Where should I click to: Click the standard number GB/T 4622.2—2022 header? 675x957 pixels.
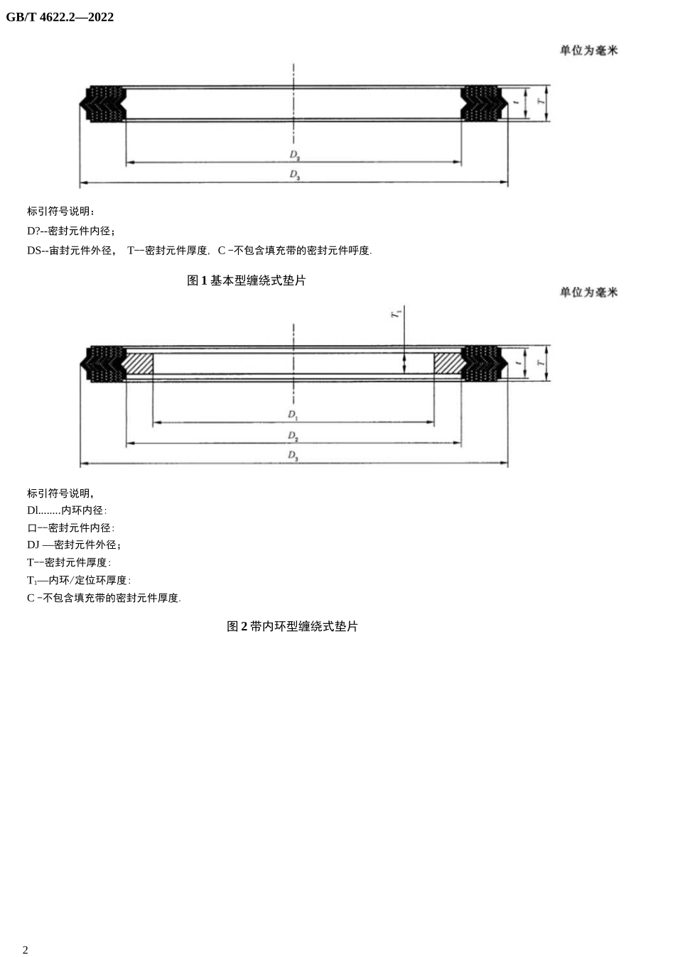click(60, 17)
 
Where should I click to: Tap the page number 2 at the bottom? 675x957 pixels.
click(26, 950)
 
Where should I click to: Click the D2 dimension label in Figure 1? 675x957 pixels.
click(294, 155)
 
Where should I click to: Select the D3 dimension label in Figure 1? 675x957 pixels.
click(294, 175)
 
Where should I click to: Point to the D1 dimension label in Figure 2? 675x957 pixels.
click(293, 415)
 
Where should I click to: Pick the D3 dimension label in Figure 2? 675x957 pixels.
click(293, 456)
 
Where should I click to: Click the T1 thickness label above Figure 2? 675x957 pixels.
click(396, 312)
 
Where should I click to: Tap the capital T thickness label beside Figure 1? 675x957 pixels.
click(541, 102)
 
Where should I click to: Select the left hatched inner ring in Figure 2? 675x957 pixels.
click(138, 363)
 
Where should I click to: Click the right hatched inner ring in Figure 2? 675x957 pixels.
click(448, 363)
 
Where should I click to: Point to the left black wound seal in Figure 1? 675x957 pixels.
click(104, 104)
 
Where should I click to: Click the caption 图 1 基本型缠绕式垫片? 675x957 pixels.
click(246, 280)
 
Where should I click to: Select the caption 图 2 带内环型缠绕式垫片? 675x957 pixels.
click(292, 626)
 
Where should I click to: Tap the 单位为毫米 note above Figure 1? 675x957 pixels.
click(588, 50)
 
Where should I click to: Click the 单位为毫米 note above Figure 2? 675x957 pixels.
click(588, 292)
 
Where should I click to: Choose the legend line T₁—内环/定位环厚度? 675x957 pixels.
click(79, 580)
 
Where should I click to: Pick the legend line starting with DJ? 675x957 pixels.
click(74, 545)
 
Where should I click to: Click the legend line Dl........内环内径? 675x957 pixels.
click(67, 510)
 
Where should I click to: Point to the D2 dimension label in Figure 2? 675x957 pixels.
click(293, 435)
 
